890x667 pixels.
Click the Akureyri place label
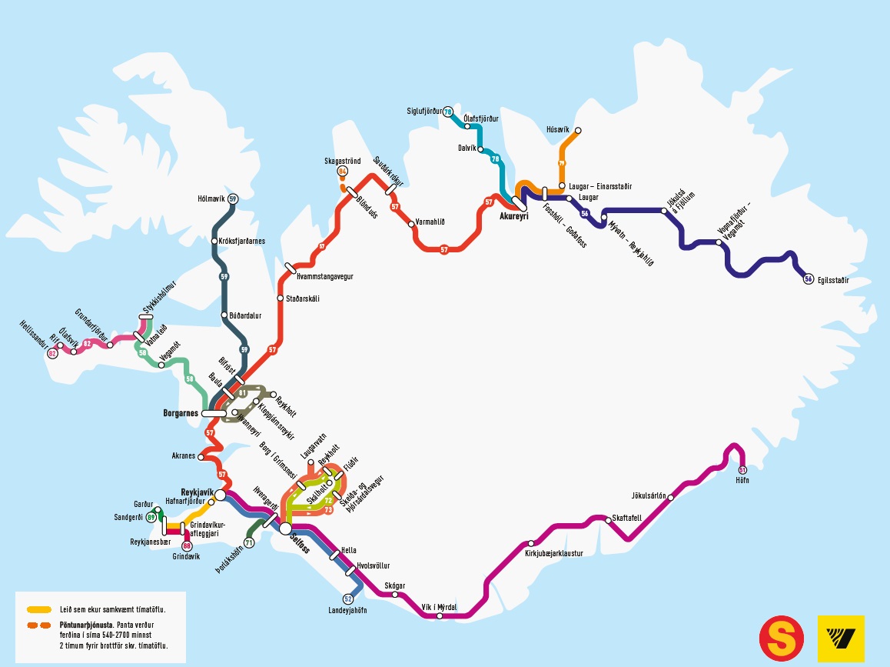coord(513,216)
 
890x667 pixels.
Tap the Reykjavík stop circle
coord(220,495)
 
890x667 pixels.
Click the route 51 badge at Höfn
coord(742,469)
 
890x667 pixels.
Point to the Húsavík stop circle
coord(578,131)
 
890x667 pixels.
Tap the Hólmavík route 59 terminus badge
coord(232,199)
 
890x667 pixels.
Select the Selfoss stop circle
coord(285,529)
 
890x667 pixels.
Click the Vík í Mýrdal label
coord(440,607)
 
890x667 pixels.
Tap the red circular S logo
coord(782,639)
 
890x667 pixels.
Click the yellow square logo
coord(841,639)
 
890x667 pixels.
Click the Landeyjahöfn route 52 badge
coord(348,599)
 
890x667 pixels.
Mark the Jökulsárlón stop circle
coord(671,498)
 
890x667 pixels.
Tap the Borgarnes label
coord(181,413)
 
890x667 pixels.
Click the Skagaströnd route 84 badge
coord(342,172)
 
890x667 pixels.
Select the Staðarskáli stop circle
coord(280,298)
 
